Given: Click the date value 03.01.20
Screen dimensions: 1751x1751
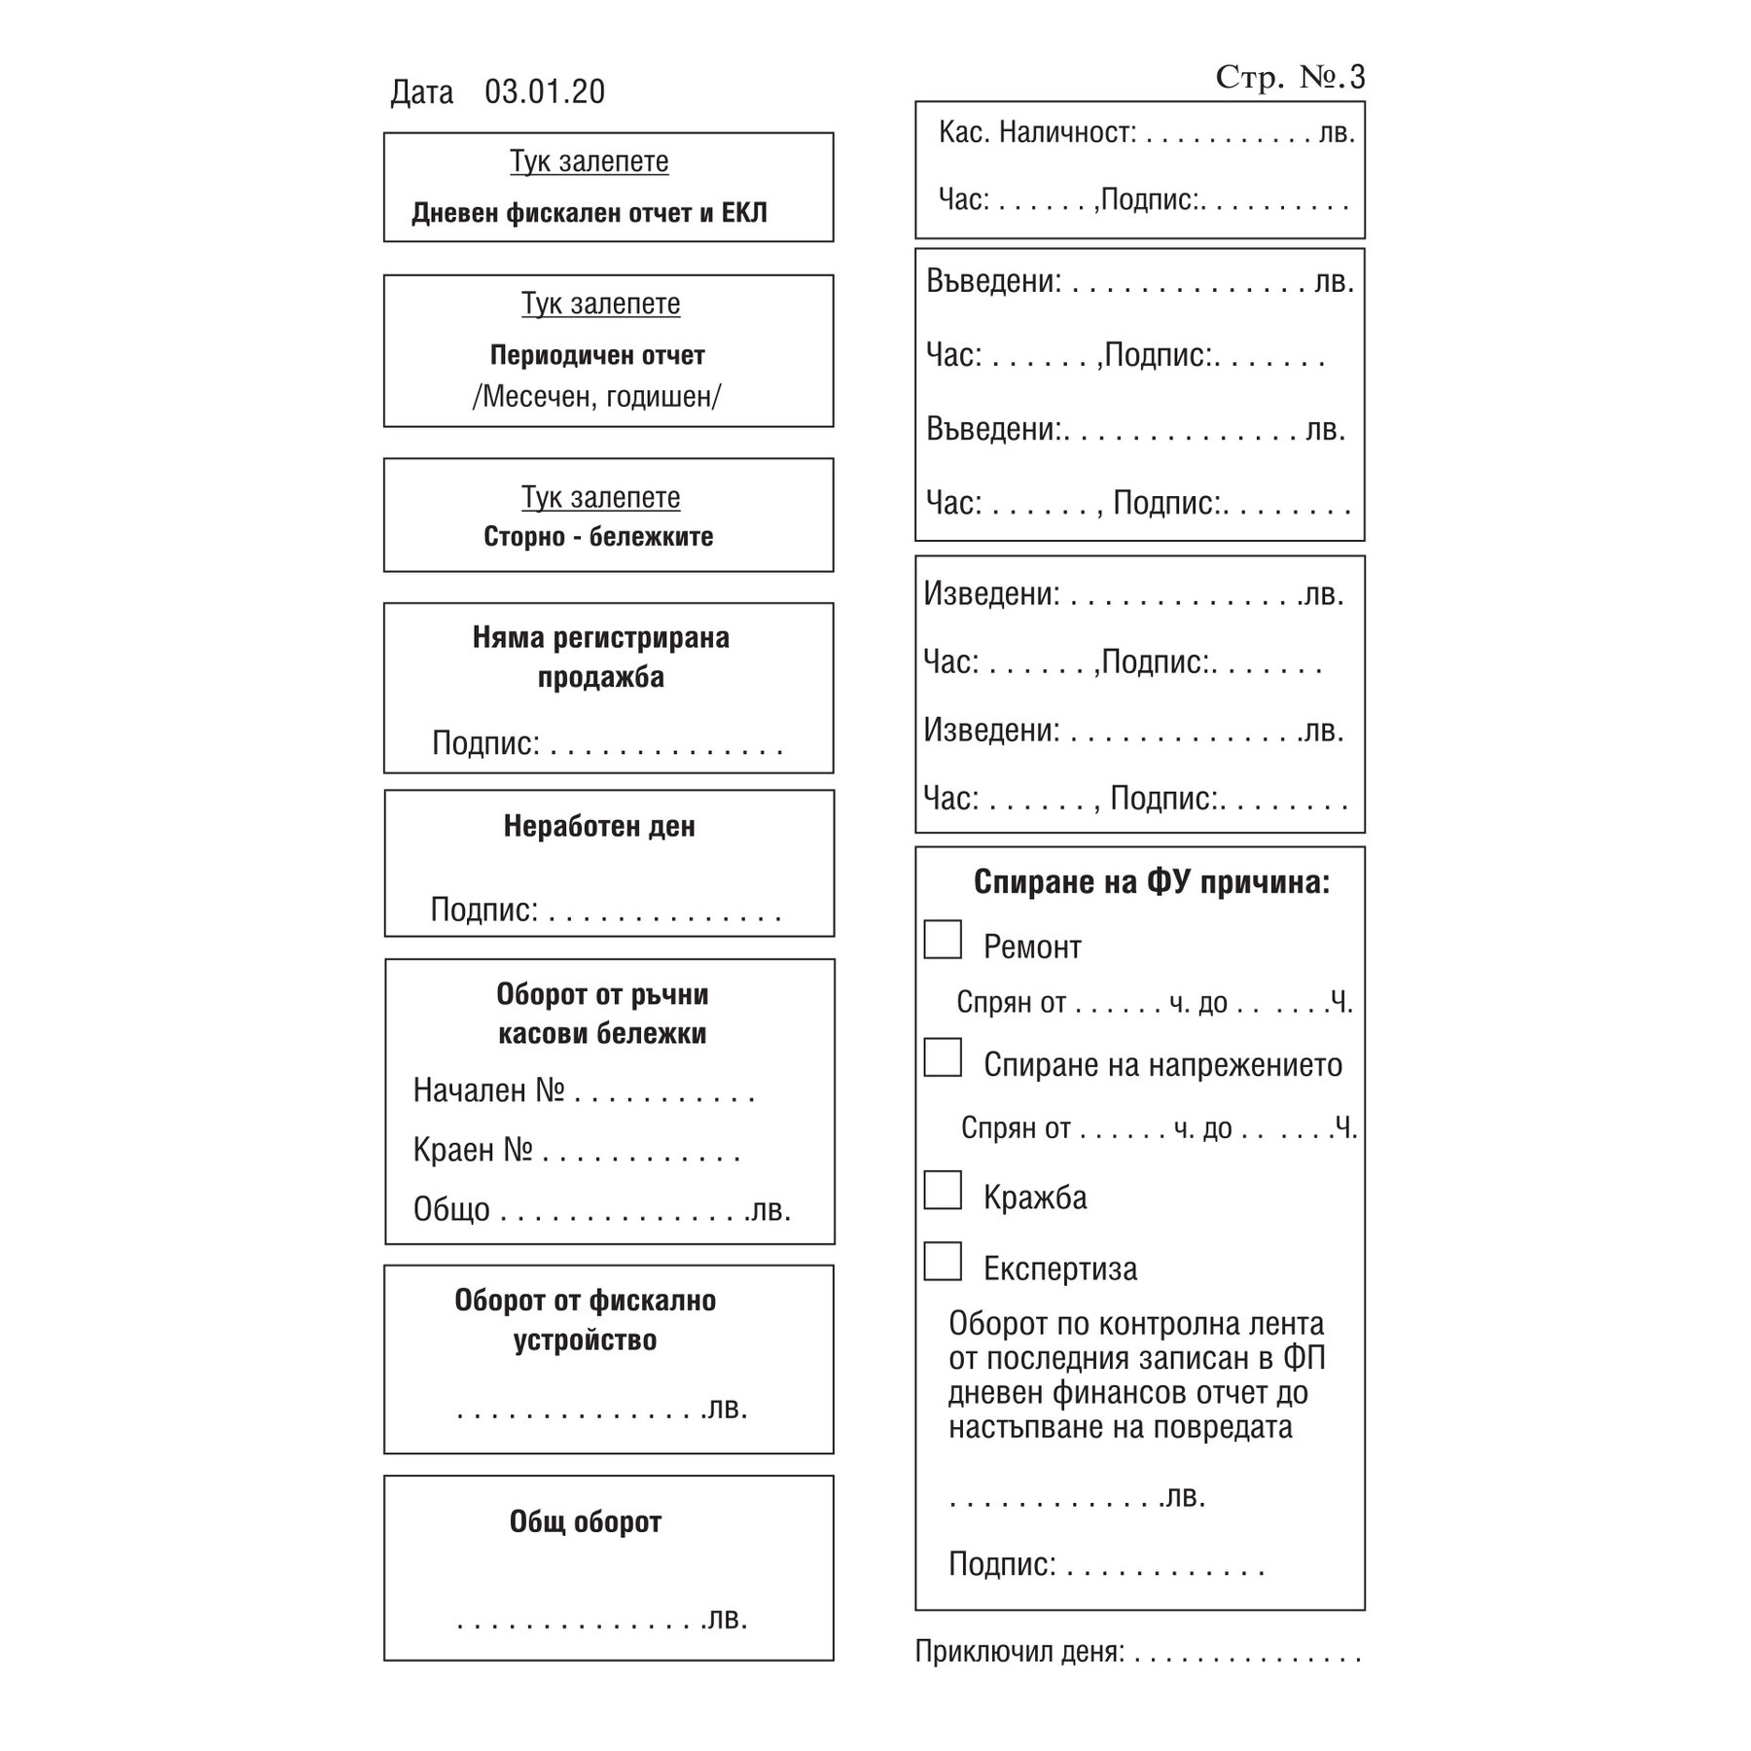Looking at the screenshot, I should pyautogui.click(x=545, y=91).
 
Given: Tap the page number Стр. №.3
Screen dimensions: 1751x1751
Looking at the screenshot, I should pyautogui.click(x=1290, y=77).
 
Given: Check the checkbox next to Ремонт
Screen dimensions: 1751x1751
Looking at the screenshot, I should pyautogui.click(x=943, y=940).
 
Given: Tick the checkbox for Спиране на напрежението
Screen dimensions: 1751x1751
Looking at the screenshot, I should pyautogui.click(x=943, y=1057).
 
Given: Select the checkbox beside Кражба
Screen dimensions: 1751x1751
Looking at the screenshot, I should pyautogui.click(x=943, y=1190).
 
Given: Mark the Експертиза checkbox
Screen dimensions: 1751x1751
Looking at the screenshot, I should pyautogui.click(x=943, y=1261).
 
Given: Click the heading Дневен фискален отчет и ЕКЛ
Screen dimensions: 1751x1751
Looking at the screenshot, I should pyautogui.click(x=590, y=213).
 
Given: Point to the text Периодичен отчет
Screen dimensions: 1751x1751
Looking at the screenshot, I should pyautogui.click(x=597, y=355).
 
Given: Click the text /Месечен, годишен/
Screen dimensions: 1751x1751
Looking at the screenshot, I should pyautogui.click(x=597, y=396).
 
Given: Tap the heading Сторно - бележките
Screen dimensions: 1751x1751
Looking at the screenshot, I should pyautogui.click(x=598, y=536).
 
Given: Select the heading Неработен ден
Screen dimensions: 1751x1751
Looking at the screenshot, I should pyautogui.click(x=599, y=826).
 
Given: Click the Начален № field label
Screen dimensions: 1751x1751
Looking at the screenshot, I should pyautogui.click(x=488, y=1090).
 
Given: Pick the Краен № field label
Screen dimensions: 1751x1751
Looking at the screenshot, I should pyautogui.click(x=473, y=1150).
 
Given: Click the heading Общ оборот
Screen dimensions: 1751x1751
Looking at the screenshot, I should pyautogui.click(x=586, y=1521).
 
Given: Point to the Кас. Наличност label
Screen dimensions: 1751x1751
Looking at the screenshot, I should pyautogui.click(x=1037, y=132).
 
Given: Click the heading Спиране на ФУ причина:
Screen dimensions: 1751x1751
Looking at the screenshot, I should pyautogui.click(x=1152, y=882).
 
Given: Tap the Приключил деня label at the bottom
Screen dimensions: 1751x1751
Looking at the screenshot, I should pyautogui.click(x=1019, y=1652).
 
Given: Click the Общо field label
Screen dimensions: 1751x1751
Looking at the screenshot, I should pyautogui.click(x=451, y=1209).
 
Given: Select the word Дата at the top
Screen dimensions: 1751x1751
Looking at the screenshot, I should pyautogui.click(x=422, y=92).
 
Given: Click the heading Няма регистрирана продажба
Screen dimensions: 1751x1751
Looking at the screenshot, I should pyautogui.click(x=601, y=657).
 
